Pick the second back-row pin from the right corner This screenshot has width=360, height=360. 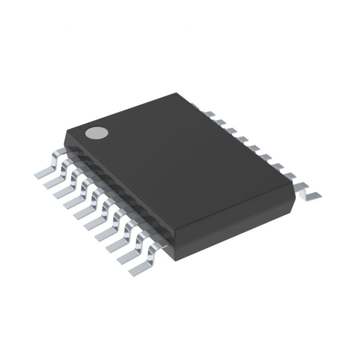coord(290,175)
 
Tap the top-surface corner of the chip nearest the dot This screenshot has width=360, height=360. coord(67,130)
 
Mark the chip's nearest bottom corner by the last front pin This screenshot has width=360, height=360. coord(174,260)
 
